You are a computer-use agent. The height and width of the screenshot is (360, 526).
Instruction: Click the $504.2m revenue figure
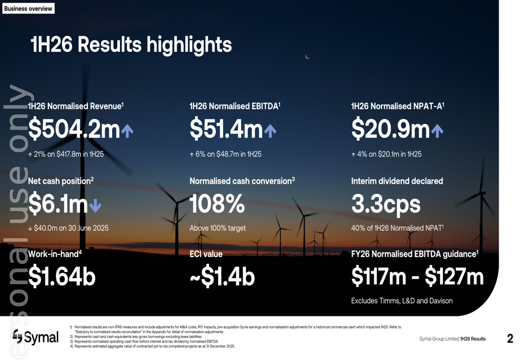pos(74,130)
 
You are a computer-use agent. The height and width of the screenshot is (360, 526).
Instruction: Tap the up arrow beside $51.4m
pos(270,131)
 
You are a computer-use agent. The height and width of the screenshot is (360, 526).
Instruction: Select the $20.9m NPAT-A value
pos(390,130)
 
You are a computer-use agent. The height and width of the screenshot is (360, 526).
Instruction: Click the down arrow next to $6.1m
pos(95,205)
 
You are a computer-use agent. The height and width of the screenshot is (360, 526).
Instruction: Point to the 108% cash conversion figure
pos(217,204)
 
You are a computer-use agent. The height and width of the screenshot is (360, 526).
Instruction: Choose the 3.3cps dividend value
pos(386,204)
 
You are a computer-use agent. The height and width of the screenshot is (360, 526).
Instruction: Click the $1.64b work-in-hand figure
pos(62,277)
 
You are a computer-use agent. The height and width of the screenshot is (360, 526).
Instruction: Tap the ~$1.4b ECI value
pos(222,277)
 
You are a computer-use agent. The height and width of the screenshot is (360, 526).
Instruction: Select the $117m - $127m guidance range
pos(417,277)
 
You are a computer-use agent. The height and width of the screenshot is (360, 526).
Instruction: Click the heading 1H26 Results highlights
pos(131,45)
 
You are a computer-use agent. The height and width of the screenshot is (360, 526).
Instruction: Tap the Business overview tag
pos(28,8)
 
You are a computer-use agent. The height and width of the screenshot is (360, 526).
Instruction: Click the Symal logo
pos(36,337)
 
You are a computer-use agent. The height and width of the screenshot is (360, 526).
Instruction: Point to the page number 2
pos(510,339)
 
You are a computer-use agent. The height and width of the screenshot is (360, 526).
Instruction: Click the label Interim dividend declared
pos(397,181)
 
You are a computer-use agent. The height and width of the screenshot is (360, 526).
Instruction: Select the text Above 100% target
pos(218,228)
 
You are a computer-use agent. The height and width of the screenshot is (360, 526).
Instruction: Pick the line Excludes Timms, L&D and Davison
pos(401,301)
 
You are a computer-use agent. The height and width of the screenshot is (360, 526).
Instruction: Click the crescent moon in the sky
pos(307,56)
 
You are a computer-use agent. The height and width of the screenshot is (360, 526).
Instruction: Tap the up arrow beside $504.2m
pos(127,131)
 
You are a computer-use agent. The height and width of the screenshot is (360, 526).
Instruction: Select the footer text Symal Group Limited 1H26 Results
pos(452,339)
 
